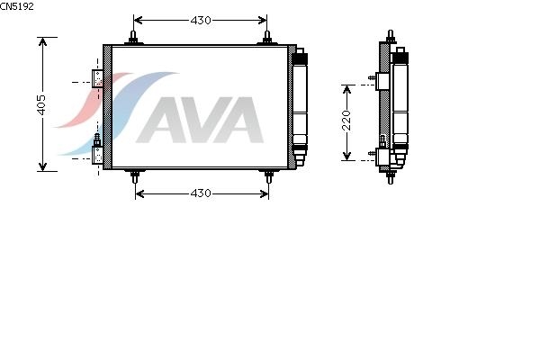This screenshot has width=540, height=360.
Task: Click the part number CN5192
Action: (x=17, y=5)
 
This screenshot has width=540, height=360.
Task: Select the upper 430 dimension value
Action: (x=200, y=19)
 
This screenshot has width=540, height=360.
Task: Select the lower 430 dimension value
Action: (x=200, y=193)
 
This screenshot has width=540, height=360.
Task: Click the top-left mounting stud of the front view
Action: (x=134, y=39)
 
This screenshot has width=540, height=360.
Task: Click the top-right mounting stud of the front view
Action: (x=267, y=39)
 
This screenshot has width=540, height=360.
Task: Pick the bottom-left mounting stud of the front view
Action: (x=134, y=176)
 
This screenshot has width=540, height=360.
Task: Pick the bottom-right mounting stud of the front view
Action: (x=267, y=176)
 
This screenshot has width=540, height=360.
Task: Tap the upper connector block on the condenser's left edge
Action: (x=98, y=79)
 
